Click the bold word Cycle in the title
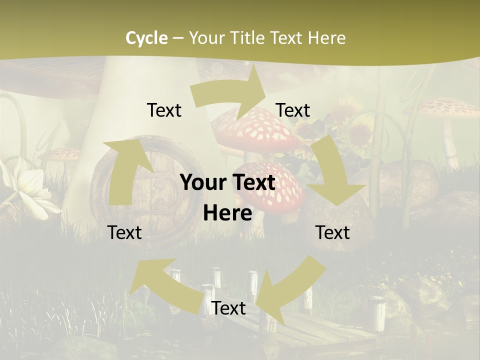146,38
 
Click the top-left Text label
164,110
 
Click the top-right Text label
293,110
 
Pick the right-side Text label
332,232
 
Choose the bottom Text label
228,308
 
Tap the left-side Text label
124,232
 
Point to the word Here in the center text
227,213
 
